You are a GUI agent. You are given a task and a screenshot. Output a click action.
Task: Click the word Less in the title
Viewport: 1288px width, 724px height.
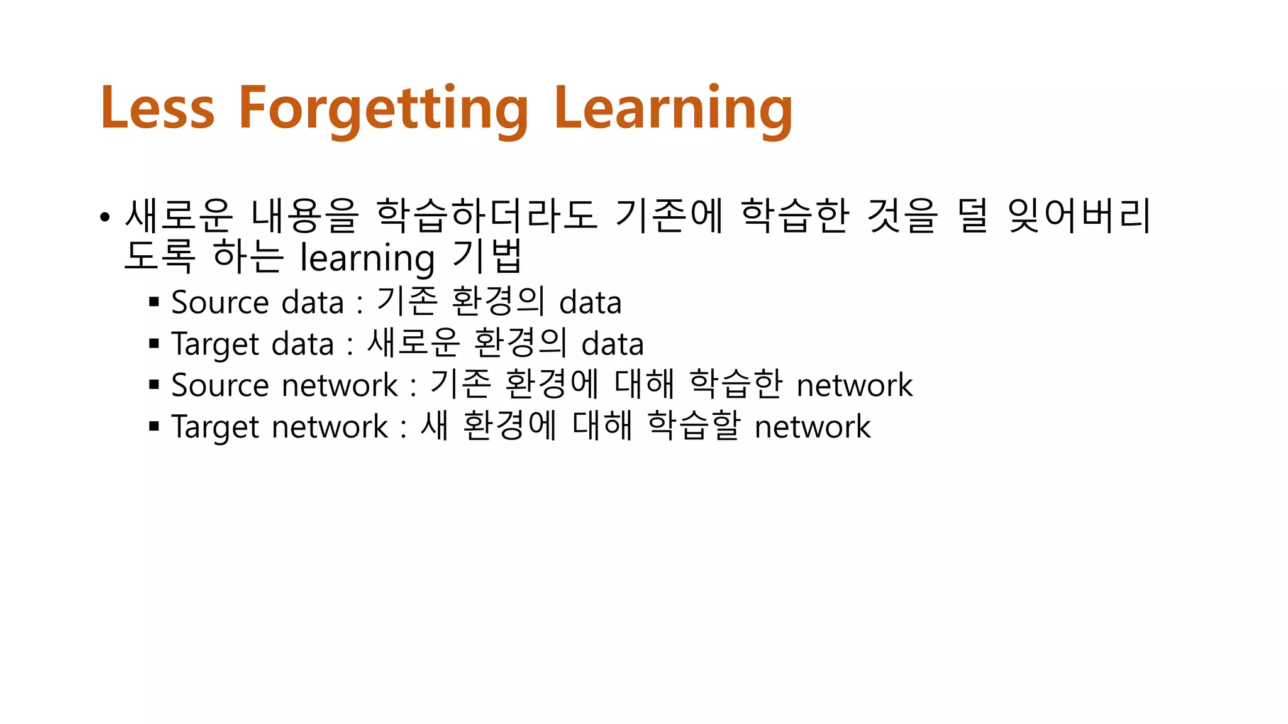click(x=158, y=108)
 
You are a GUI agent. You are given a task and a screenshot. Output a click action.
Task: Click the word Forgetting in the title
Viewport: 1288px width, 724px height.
click(x=384, y=108)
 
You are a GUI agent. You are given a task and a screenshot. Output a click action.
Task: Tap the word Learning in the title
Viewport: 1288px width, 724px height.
click(x=673, y=108)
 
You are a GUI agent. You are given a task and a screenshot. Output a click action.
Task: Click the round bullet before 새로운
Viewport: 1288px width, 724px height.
click(x=105, y=217)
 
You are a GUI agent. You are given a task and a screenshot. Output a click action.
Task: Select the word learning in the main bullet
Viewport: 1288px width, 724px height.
click(x=367, y=258)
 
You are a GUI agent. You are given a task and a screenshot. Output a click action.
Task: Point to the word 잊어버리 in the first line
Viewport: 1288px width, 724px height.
click(x=1079, y=216)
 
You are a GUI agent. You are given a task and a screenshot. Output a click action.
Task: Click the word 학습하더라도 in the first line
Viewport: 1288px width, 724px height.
click(x=486, y=216)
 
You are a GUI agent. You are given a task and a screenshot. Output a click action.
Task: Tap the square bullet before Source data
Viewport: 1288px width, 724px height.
click(x=154, y=302)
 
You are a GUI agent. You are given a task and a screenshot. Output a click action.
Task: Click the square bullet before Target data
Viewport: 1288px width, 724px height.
click(x=154, y=343)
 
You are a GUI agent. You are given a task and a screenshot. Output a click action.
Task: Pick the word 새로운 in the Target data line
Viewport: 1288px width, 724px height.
click(x=413, y=343)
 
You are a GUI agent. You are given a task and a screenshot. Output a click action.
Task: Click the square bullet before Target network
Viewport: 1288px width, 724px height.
click(x=154, y=426)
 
